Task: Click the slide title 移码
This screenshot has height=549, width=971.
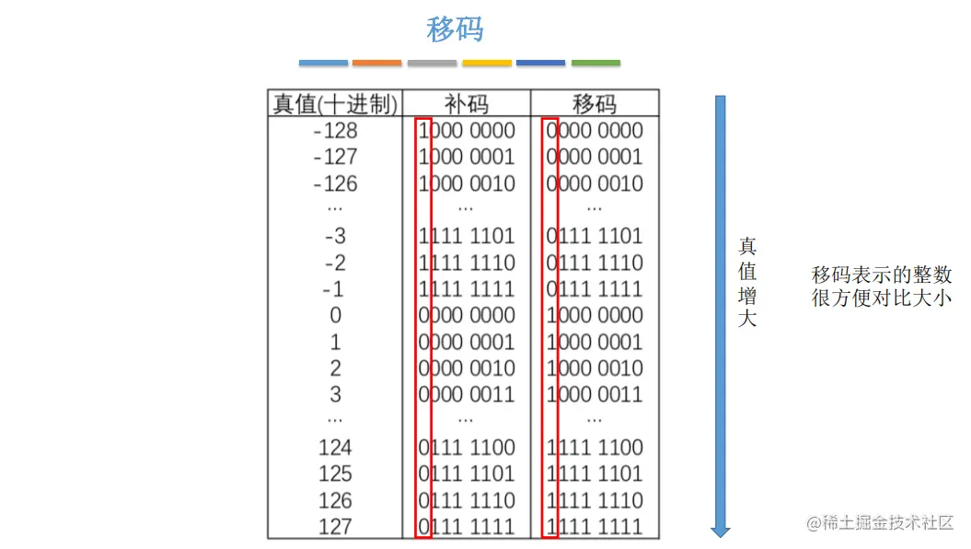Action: tap(455, 29)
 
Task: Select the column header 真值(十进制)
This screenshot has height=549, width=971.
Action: tap(335, 103)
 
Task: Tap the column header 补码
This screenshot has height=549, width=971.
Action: tap(466, 103)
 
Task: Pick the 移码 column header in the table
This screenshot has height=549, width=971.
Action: tap(595, 103)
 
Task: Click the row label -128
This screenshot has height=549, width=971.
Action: tap(335, 131)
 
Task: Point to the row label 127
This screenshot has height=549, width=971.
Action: tap(335, 526)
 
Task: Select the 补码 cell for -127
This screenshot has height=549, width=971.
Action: tap(467, 157)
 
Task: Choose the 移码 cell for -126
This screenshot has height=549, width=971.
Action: tap(595, 183)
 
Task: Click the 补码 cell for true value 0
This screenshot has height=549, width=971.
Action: tap(467, 315)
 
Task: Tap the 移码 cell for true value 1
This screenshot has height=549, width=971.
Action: tap(595, 342)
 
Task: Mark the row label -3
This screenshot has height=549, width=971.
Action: tap(335, 237)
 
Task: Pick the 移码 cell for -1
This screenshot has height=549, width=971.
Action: tap(595, 289)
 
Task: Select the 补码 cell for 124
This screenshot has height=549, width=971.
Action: tap(467, 448)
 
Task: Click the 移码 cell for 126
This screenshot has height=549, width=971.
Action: tap(595, 500)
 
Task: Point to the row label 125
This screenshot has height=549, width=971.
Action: tap(335, 473)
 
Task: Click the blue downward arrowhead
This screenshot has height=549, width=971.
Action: tap(721, 531)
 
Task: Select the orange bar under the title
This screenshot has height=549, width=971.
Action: tap(376, 63)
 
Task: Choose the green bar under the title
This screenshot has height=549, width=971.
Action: tap(595, 63)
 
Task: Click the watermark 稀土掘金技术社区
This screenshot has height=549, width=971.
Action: tap(881, 522)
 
